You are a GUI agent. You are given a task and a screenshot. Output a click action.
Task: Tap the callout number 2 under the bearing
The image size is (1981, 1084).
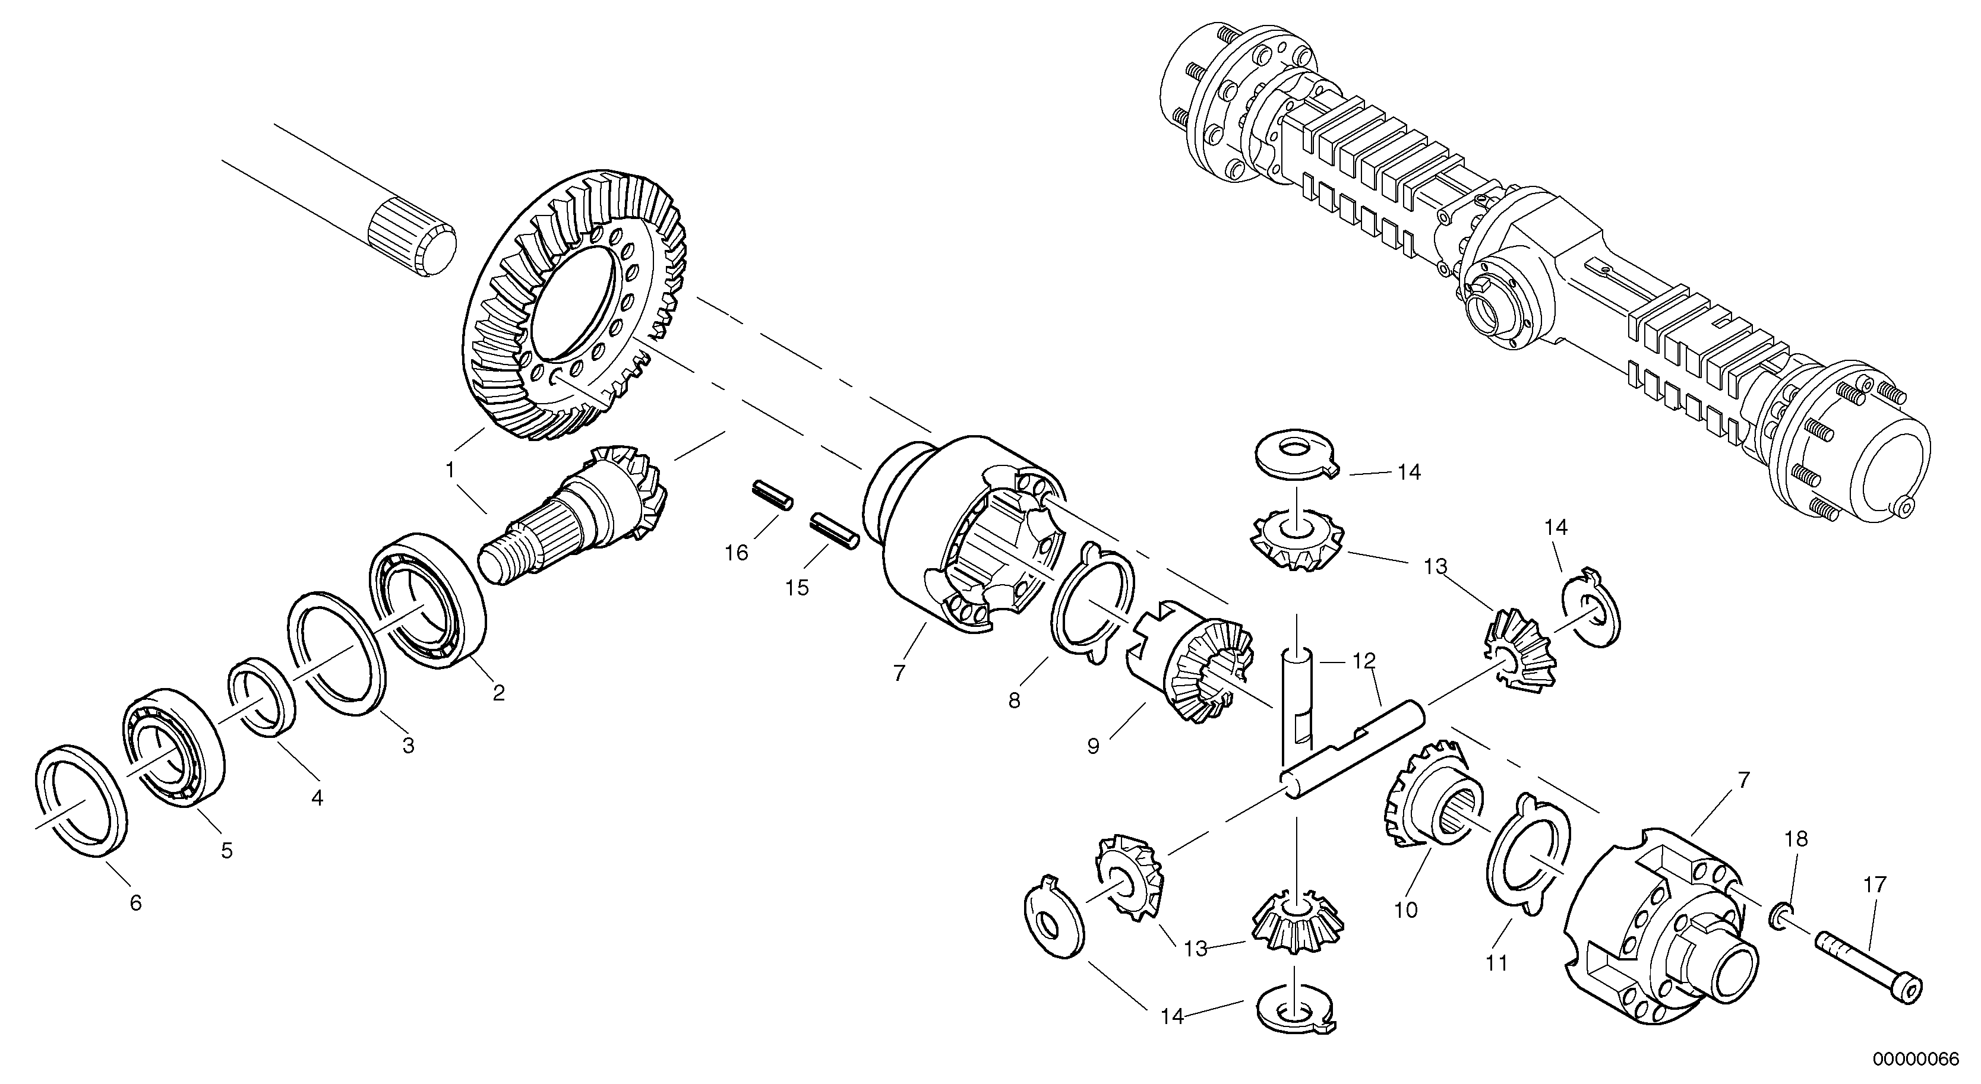click(x=498, y=693)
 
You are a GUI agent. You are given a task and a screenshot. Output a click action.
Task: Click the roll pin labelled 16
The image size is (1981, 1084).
click(x=772, y=495)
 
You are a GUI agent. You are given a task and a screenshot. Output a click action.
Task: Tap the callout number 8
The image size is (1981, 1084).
click(x=1015, y=701)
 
